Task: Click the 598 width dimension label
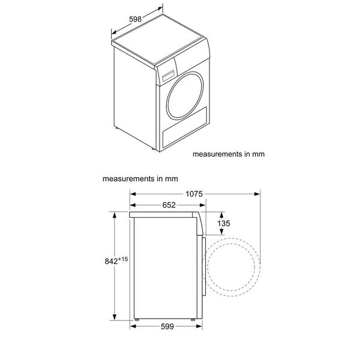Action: pyautogui.click(x=135, y=19)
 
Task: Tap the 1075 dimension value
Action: pyautogui.click(x=195, y=193)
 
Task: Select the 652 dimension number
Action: pyautogui.click(x=169, y=205)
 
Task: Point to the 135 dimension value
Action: pyautogui.click(x=224, y=224)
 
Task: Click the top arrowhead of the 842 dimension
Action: pyautogui.click(x=115, y=214)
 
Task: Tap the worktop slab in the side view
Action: pyautogui.click(x=165, y=214)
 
